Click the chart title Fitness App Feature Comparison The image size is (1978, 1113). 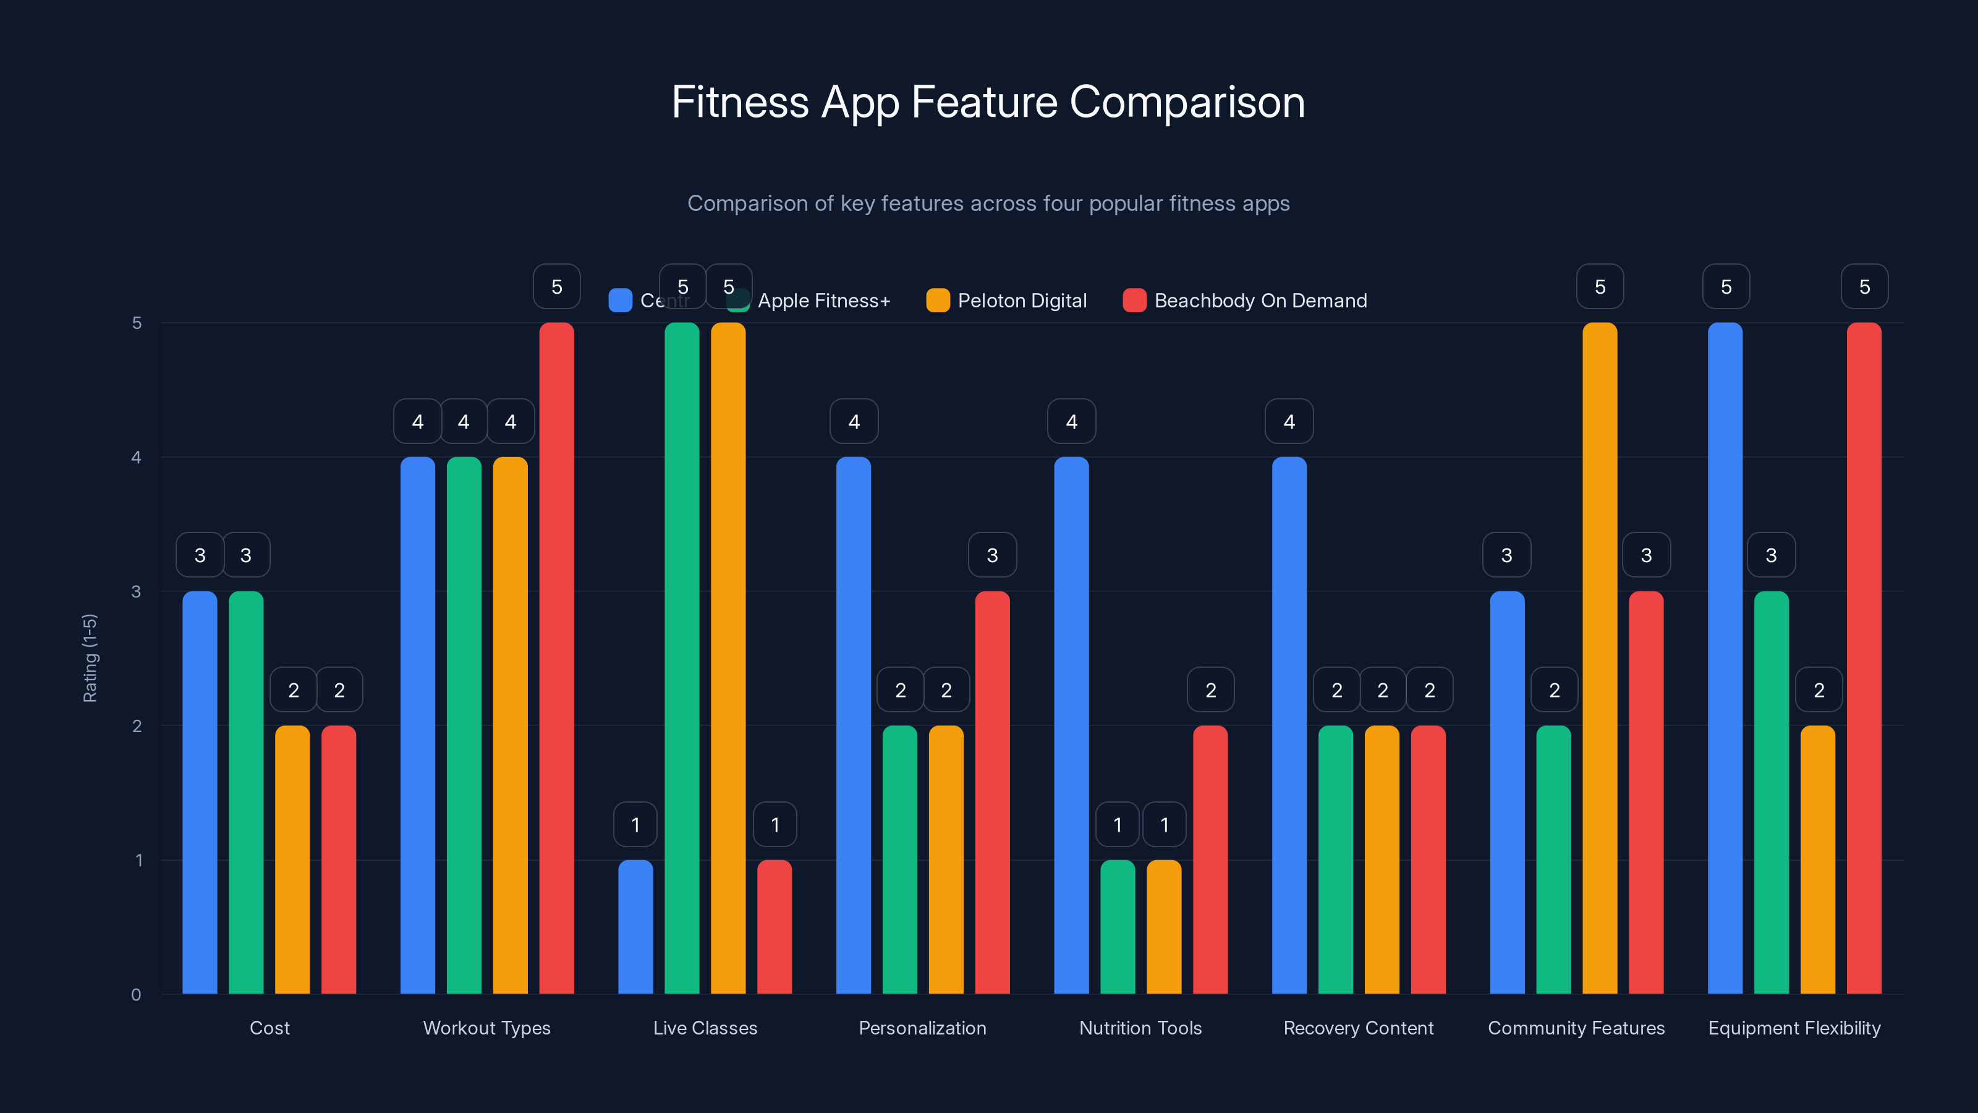pyautogui.click(x=988, y=102)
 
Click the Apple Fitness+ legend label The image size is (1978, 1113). pyautogui.click(x=823, y=301)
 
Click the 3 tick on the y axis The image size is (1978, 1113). pyautogui.click(x=137, y=592)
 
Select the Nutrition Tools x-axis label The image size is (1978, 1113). pyautogui.click(x=1140, y=1028)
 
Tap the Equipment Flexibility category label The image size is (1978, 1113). pyautogui.click(x=1794, y=1028)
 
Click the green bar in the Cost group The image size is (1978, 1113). pyautogui.click(x=246, y=792)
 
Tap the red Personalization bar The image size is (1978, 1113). pyautogui.click(x=992, y=792)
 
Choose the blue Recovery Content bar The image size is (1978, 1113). pyautogui.click(x=1289, y=725)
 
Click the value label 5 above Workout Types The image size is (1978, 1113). pyautogui.click(x=557, y=286)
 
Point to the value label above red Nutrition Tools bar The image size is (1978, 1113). pyautogui.click(x=1210, y=690)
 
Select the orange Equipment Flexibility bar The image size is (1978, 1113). pyautogui.click(x=1817, y=859)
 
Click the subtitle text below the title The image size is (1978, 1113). pyautogui.click(x=988, y=203)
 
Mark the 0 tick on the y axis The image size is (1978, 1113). pyautogui.click(x=137, y=995)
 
